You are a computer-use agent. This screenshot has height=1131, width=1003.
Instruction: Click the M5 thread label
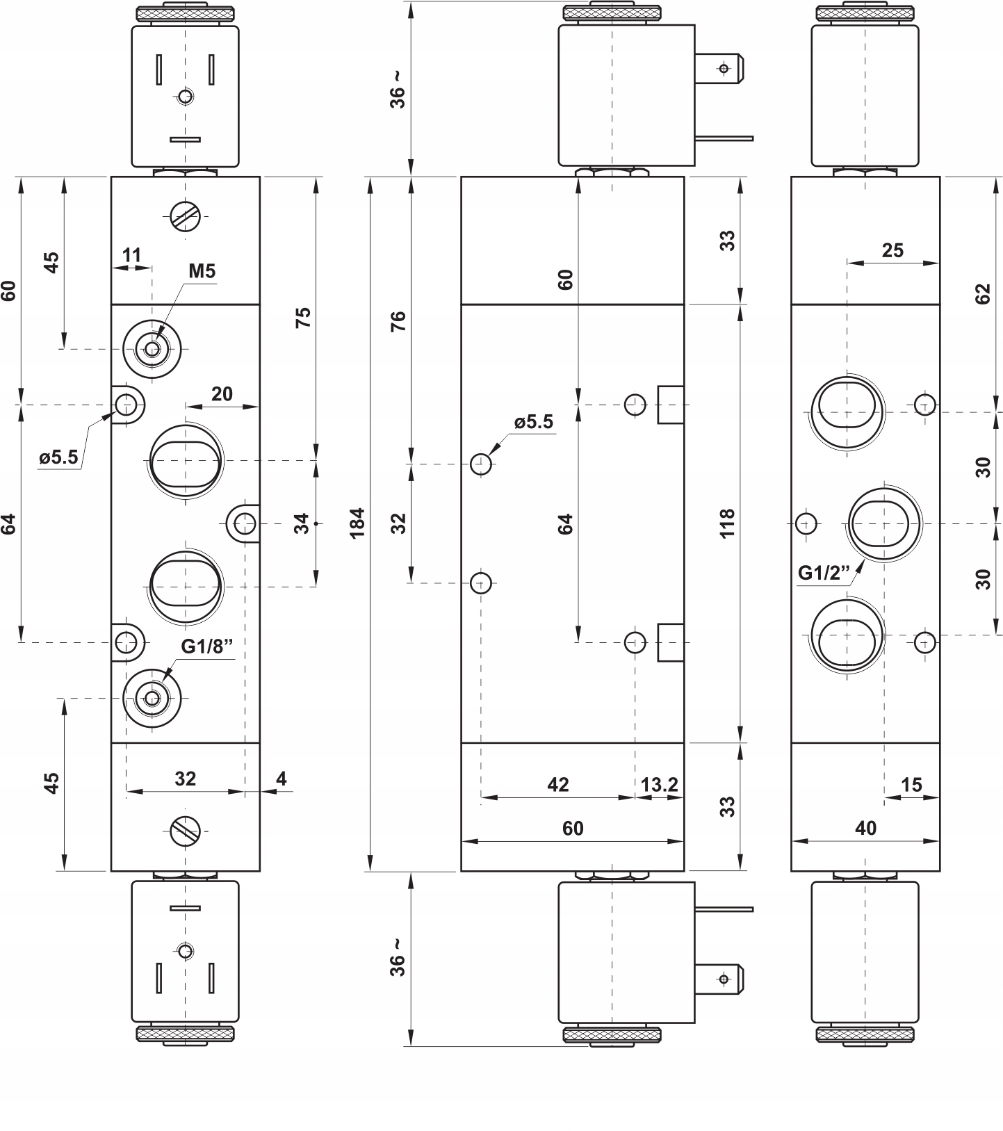coord(202,271)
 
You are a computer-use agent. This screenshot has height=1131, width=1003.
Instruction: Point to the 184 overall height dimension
coord(357,523)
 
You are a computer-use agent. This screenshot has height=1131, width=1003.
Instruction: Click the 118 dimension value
coord(727,523)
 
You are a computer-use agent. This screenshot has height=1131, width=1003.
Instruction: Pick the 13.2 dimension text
coord(659,785)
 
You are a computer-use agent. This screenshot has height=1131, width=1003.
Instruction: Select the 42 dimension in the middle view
coord(558,785)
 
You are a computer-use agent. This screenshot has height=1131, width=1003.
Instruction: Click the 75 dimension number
coord(303,317)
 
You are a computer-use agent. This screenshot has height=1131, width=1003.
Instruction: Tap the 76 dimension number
coord(398,321)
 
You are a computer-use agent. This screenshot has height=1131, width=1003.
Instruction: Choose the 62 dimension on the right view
coord(982,294)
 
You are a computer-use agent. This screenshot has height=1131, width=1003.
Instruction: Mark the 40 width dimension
coord(866,828)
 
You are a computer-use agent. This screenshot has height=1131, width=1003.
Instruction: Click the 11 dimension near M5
coord(131,255)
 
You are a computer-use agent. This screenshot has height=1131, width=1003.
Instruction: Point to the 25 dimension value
coord(892,250)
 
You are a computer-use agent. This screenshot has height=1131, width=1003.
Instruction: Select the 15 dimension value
coord(911,785)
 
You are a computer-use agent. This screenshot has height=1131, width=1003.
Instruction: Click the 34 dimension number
coord(301,523)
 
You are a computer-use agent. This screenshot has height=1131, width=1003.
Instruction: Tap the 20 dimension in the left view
coord(222,394)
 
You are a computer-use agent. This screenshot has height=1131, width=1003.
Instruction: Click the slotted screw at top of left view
coord(186,219)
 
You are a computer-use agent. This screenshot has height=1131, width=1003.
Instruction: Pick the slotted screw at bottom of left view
coord(186,830)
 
